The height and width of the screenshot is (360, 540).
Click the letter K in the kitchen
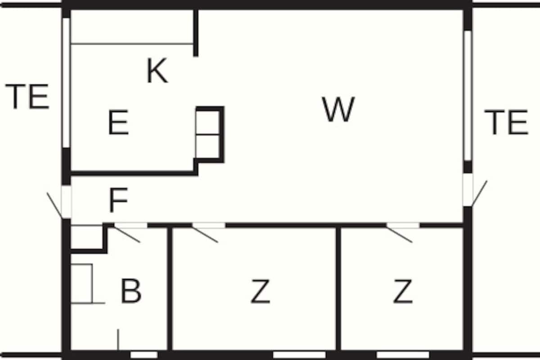(157, 70)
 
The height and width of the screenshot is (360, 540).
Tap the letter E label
(118, 122)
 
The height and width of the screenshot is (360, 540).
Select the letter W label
(338, 109)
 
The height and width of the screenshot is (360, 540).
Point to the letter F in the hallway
(118, 200)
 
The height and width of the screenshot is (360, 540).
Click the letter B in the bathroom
(131, 291)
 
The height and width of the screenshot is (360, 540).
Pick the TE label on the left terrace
(27, 96)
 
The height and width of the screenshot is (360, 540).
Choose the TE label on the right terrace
(506, 122)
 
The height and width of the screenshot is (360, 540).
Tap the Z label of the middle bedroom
(260, 291)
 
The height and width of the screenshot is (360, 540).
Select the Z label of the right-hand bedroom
(403, 291)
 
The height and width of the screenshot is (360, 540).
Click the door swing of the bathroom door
(127, 234)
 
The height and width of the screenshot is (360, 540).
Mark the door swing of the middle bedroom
(205, 234)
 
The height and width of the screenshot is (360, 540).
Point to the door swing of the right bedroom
(399, 234)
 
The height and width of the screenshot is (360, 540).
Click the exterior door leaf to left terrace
(54, 205)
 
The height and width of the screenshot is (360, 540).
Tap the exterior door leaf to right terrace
(480, 193)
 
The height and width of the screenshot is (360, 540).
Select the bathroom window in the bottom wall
(144, 355)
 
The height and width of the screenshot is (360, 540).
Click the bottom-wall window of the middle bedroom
(299, 355)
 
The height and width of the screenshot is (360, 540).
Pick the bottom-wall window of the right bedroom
(403, 355)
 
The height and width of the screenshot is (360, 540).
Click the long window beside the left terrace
(66, 82)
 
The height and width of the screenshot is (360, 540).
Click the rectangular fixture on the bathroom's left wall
(81, 283)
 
